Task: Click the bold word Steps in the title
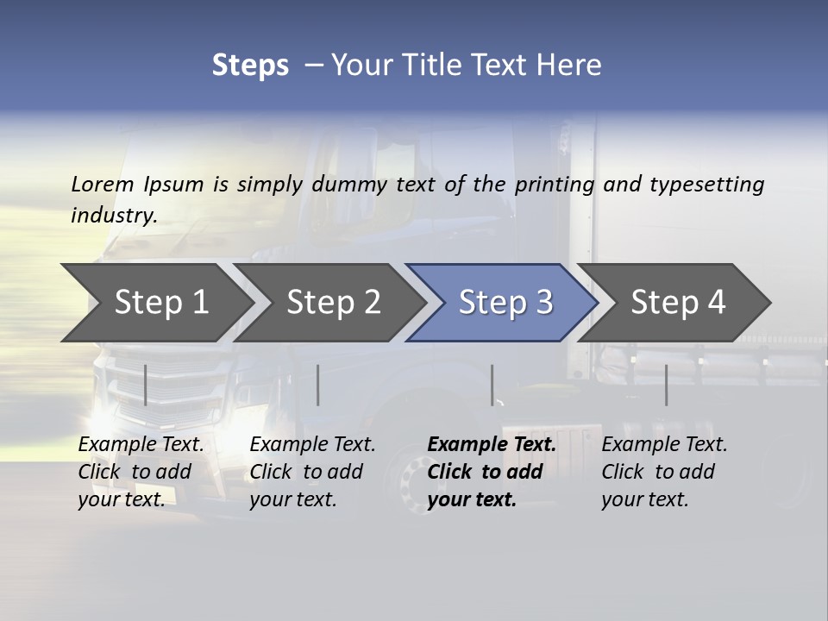tap(250, 66)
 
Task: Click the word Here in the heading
tap(568, 66)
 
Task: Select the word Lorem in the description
tap(103, 184)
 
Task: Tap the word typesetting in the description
tap(706, 184)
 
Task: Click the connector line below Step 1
tap(145, 385)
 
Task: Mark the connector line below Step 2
tap(317, 385)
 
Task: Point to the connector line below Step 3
tap(492, 385)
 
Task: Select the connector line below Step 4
tap(666, 385)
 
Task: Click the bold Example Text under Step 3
tap(492, 445)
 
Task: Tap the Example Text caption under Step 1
tap(141, 445)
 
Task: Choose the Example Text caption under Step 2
tap(313, 445)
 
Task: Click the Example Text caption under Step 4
tap(665, 445)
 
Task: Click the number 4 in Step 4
tap(717, 302)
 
